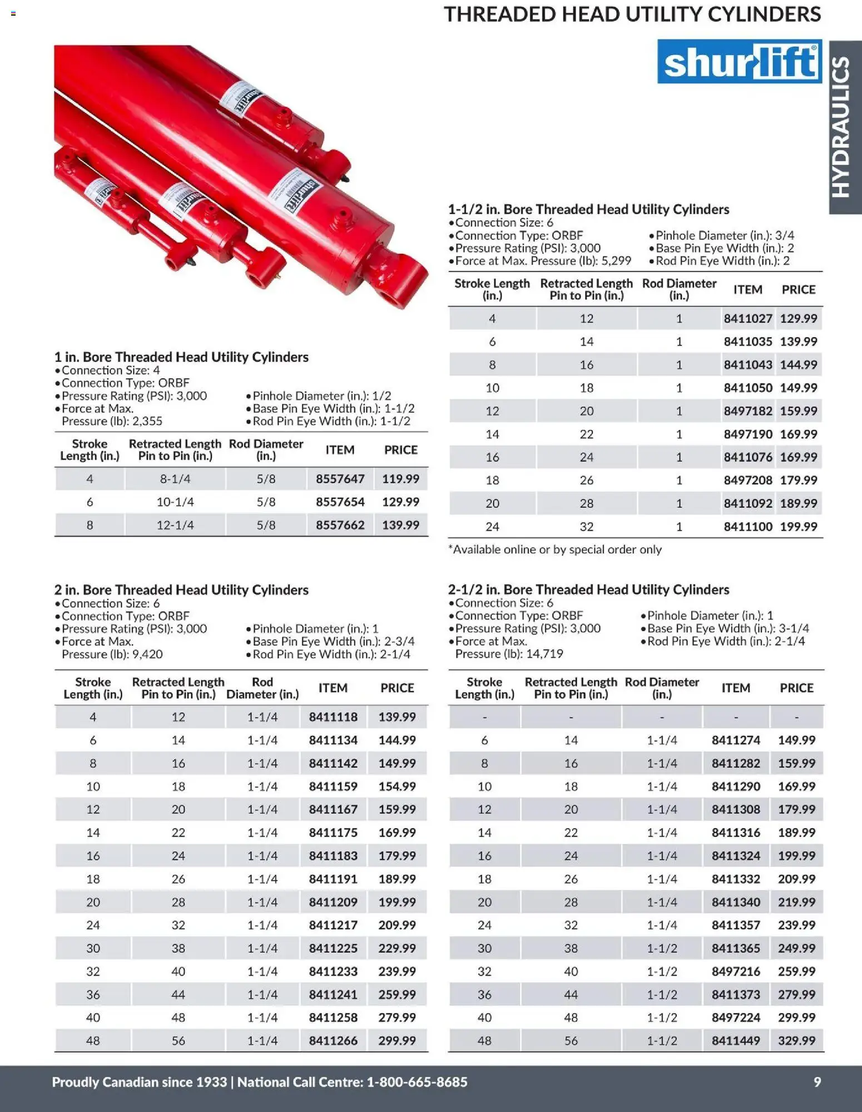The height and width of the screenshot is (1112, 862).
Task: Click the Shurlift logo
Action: [x=739, y=62]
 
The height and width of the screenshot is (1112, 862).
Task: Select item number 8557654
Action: [x=340, y=502]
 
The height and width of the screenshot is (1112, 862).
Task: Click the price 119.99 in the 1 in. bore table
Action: [x=400, y=479]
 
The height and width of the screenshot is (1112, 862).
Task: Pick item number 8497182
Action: [x=747, y=411]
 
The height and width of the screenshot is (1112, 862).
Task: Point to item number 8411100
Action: [x=747, y=526]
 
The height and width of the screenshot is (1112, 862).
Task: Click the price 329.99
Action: [x=796, y=1040]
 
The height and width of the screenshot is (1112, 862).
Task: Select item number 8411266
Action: [x=333, y=1040]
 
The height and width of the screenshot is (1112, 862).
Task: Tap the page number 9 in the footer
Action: [x=817, y=1082]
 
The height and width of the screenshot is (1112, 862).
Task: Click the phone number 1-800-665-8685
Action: [x=417, y=1082]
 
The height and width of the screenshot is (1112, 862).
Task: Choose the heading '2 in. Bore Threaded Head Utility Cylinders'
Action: [x=181, y=590]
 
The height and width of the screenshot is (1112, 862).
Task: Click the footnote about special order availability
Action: [x=555, y=550]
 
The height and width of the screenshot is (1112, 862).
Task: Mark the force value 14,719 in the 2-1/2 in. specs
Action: [x=544, y=654]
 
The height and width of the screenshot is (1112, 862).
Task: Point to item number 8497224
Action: [x=735, y=1017]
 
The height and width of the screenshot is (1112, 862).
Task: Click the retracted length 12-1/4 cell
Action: [x=175, y=525]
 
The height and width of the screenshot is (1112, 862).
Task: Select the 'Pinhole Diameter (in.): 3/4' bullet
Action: [x=721, y=235]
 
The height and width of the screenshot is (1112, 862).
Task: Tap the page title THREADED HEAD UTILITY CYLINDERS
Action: [x=632, y=14]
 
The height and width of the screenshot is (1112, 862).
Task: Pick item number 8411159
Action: [x=333, y=787]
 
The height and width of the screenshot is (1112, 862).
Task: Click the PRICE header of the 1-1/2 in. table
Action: [x=798, y=290]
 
